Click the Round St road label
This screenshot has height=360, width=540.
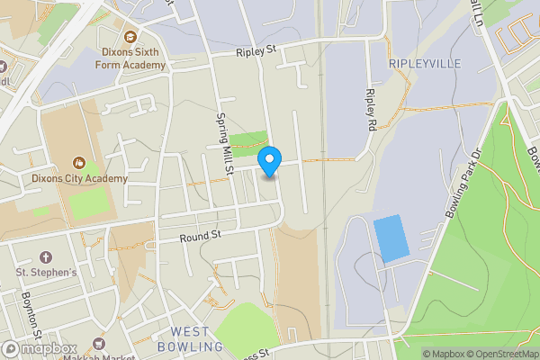pyautogui.click(x=200, y=237)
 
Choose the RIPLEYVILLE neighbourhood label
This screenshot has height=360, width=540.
pyautogui.click(x=424, y=64)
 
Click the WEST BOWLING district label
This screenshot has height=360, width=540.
pyautogui.click(x=190, y=339)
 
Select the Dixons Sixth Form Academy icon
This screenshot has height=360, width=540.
pyautogui.click(x=130, y=37)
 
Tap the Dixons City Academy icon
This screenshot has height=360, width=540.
pyautogui.click(x=78, y=164)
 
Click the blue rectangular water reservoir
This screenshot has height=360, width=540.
pyautogui.click(x=390, y=238)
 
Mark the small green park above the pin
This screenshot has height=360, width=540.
pyautogui.click(x=248, y=140)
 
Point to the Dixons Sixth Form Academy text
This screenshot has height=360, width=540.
pyautogui.click(x=130, y=58)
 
